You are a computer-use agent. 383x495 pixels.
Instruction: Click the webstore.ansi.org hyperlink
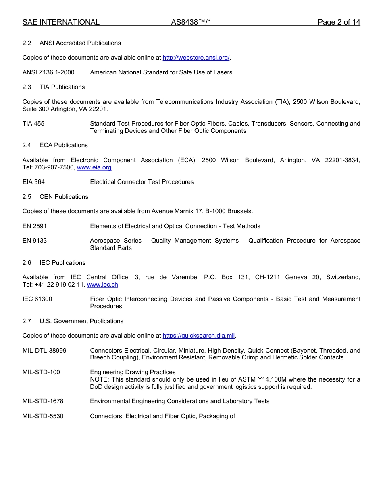coord(196,58)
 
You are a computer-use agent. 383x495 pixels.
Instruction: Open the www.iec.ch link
coord(102,285)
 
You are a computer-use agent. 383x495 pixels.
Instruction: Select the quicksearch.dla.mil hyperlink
coord(198,336)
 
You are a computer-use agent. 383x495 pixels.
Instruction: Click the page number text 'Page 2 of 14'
coord(339,22)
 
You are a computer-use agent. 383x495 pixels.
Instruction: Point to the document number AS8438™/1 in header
coord(191,22)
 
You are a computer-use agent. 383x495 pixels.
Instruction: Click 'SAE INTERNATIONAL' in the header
coord(61,22)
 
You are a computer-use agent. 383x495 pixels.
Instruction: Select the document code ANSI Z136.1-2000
coord(48,72)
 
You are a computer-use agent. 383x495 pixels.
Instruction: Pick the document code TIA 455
coord(33,124)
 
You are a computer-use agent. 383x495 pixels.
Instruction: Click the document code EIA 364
coord(33,182)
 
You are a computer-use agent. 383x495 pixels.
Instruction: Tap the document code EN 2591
coord(35,226)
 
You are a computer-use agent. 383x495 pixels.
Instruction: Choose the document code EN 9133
coord(35,241)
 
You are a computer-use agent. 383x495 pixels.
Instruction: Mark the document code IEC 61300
coord(37,299)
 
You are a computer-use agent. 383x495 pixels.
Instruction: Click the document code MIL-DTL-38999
coord(44,351)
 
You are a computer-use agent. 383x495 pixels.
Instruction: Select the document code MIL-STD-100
coord(41,372)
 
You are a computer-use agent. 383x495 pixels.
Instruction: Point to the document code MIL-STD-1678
coord(43,401)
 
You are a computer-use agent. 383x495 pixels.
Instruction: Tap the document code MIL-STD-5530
coord(43,416)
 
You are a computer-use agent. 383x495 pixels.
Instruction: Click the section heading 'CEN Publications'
coord(64,197)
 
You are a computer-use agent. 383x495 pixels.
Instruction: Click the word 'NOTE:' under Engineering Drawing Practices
coord(99,379)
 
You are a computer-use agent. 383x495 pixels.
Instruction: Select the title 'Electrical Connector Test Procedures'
coord(142,182)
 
